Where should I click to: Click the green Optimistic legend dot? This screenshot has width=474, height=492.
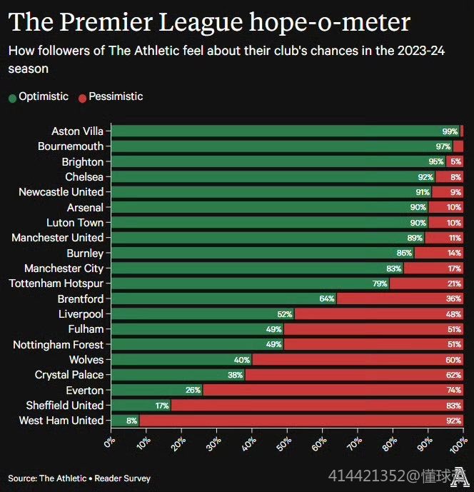(x=12, y=98)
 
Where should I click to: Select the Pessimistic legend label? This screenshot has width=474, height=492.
(x=116, y=96)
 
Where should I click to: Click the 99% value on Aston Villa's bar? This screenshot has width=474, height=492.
(x=450, y=132)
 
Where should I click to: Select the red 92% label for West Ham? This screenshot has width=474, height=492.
(x=454, y=421)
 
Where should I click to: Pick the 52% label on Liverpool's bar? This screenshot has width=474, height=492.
(x=284, y=314)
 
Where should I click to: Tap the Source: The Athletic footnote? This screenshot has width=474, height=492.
(x=79, y=478)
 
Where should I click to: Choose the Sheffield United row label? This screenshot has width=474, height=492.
(x=65, y=406)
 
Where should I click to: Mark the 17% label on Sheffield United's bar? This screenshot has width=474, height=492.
(x=161, y=406)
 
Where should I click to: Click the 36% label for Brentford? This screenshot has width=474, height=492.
(x=454, y=299)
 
